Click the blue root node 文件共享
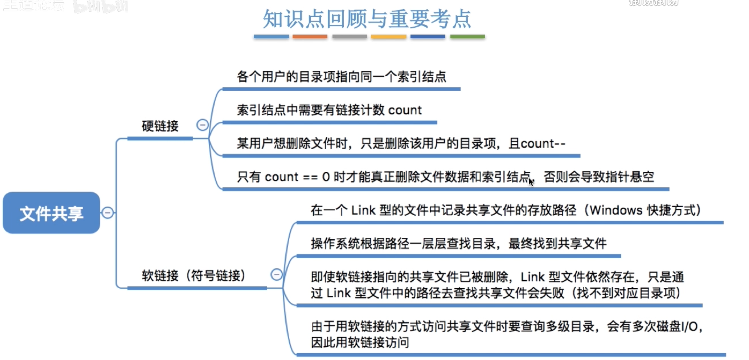[51, 213]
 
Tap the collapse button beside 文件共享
[108, 213]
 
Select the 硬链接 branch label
[160, 126]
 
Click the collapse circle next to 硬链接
[202, 125]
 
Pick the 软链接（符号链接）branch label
[194, 276]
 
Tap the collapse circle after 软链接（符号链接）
[276, 275]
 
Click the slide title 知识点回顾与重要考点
[367, 19]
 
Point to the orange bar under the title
[310, 36]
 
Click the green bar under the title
[467, 36]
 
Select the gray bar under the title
[349, 36]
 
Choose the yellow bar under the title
[388, 36]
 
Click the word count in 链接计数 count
[405, 110]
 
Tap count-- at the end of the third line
[543, 144]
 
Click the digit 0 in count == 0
[326, 177]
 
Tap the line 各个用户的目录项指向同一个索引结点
[341, 77]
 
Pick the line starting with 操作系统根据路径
[459, 244]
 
